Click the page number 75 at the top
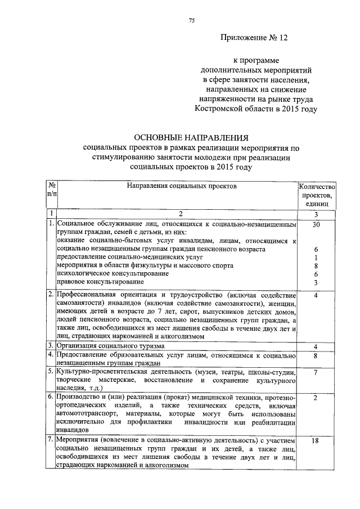(191, 21)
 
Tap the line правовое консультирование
(100, 281)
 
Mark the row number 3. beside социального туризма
(51, 346)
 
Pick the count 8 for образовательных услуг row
(317, 355)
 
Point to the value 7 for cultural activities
(317, 372)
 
